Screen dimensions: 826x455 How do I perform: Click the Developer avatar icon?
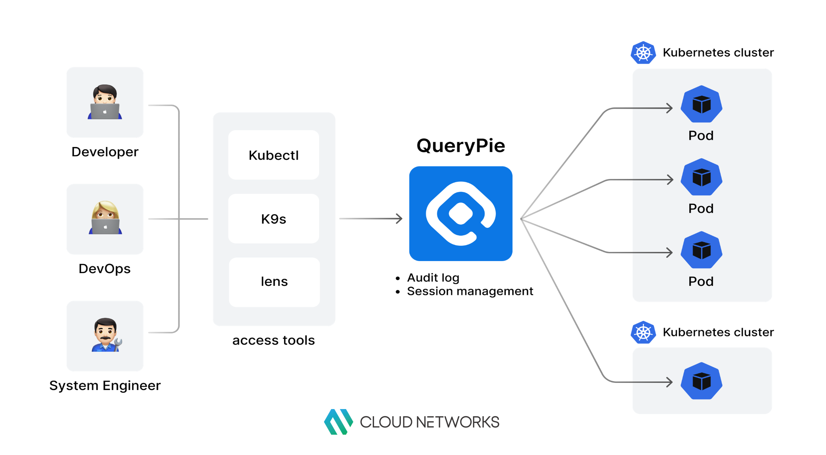(105, 102)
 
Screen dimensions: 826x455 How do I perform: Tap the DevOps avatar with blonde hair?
(105, 218)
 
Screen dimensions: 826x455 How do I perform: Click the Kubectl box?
(274, 155)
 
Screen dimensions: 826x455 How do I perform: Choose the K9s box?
(274, 219)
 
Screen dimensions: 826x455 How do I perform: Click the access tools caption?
(274, 340)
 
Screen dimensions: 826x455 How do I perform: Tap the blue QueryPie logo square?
(461, 214)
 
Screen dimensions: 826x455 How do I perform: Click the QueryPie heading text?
(461, 146)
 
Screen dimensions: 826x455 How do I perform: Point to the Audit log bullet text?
(433, 278)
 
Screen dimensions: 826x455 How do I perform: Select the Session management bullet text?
(470, 291)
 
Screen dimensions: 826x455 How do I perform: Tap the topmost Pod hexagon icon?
(701, 104)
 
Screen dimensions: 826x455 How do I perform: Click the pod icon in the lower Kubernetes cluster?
(701, 381)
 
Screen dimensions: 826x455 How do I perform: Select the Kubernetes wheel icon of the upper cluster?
(643, 53)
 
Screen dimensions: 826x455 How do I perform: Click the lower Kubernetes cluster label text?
(718, 332)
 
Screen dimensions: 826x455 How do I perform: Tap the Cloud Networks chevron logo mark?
(338, 422)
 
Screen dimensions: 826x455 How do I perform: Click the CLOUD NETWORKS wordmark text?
(429, 422)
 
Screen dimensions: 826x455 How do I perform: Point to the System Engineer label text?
(105, 386)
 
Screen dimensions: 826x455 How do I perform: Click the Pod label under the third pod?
(701, 282)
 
